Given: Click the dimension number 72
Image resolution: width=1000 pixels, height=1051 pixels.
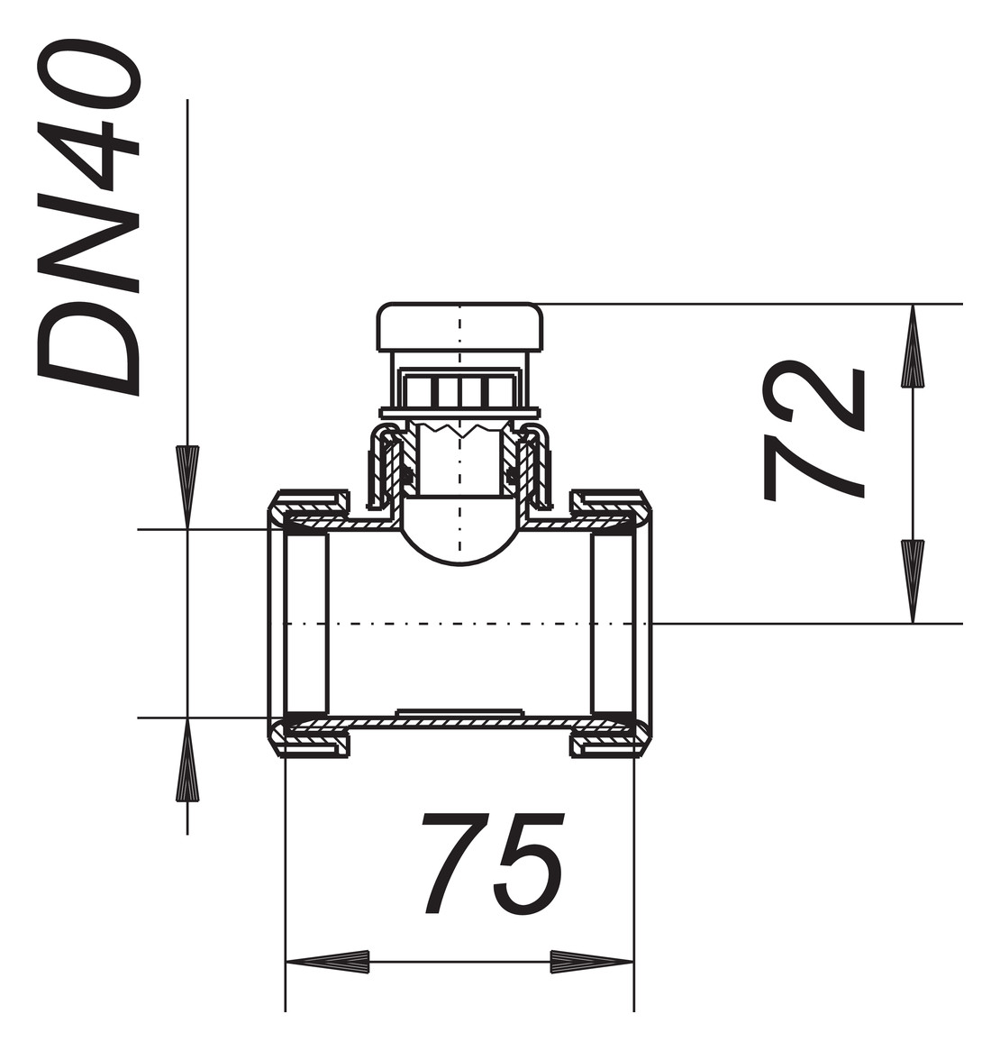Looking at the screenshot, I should pyautogui.click(x=814, y=431).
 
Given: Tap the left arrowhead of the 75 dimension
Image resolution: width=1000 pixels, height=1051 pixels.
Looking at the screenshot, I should pyautogui.click(x=328, y=962).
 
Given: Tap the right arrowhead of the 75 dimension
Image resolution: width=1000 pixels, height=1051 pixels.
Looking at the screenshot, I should pyautogui.click(x=591, y=962).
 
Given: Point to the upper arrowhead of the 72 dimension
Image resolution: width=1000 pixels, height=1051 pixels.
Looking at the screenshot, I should pyautogui.click(x=913, y=346).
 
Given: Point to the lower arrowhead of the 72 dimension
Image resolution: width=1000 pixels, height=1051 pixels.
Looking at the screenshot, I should pyautogui.click(x=913, y=580).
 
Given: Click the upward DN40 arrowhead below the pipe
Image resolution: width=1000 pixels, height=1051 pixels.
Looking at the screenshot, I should pyautogui.click(x=187, y=761).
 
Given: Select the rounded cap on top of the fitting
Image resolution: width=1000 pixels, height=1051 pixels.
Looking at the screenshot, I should pyautogui.click(x=459, y=328).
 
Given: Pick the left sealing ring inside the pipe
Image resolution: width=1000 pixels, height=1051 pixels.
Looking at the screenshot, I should pyautogui.click(x=306, y=623).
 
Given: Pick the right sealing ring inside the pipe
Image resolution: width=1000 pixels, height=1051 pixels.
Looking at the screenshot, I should pyautogui.click(x=613, y=623).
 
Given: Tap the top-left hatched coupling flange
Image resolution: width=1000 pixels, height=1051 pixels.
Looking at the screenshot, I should pyautogui.click(x=311, y=501).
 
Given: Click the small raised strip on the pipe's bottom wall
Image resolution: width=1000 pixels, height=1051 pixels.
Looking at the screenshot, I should pyautogui.click(x=459, y=712).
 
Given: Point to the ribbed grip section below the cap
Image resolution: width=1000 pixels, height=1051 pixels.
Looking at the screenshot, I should pyautogui.click(x=459, y=391).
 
